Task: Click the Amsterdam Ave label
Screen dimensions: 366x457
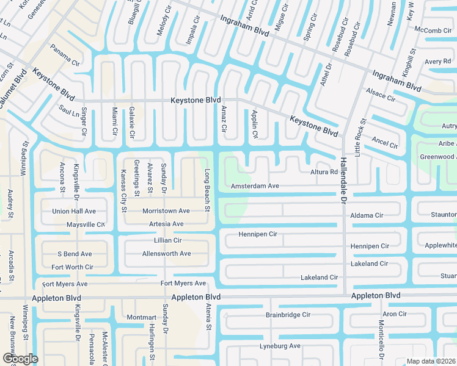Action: coord(255,185)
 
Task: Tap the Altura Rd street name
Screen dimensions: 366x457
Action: coord(324,173)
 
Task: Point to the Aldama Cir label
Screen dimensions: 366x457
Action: coord(367,215)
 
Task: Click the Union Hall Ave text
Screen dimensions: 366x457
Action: coord(74,211)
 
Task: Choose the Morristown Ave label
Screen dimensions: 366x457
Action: coord(166,210)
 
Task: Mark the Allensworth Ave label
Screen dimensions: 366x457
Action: coord(166,253)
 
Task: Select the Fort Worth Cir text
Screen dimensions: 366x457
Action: coord(72,267)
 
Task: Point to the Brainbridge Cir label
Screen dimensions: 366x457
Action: coord(288,315)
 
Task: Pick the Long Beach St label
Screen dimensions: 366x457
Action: coord(207,190)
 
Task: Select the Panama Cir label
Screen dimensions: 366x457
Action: coord(65,55)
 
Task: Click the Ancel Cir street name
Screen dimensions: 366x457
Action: coord(385,143)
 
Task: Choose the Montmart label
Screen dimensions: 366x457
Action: coord(142,317)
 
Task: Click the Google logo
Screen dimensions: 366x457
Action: coord(20,358)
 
